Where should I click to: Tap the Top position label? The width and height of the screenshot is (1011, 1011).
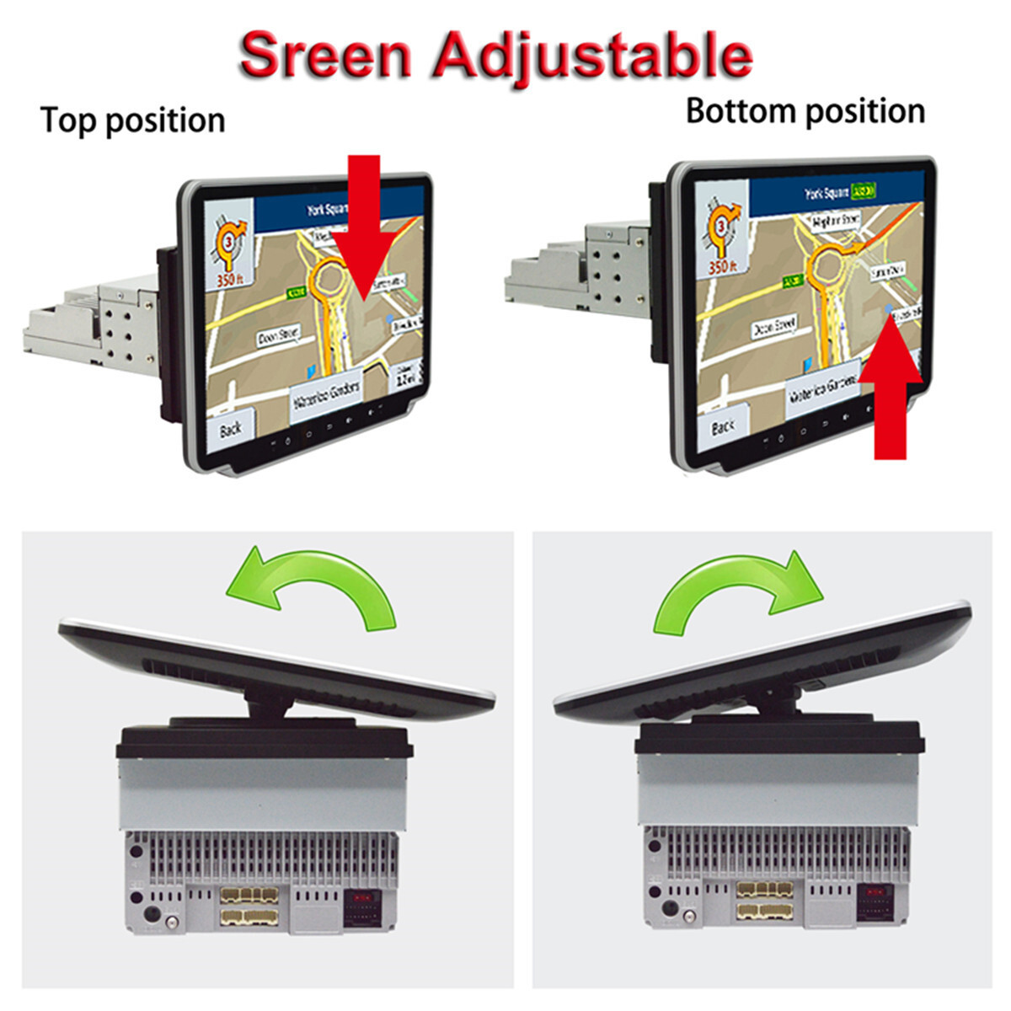[132, 120]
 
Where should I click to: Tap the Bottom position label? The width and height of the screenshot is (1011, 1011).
[805, 111]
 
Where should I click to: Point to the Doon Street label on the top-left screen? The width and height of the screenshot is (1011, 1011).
[278, 336]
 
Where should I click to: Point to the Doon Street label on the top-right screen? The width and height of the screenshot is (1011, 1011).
[773, 326]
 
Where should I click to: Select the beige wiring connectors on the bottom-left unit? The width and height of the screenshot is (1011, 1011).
[249, 906]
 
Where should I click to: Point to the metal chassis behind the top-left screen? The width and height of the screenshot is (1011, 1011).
[93, 324]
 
